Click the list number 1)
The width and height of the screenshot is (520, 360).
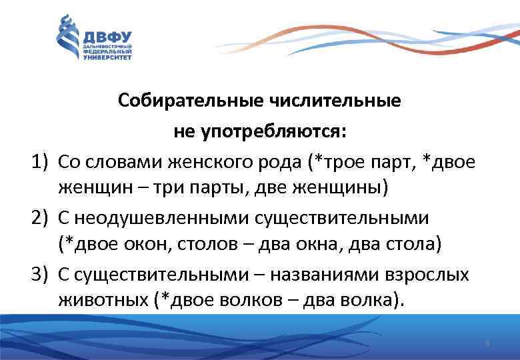[41, 161]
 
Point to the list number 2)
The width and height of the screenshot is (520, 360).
[41, 217]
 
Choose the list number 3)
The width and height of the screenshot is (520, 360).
[41, 274]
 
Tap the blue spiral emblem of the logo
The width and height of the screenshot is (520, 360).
[68, 39]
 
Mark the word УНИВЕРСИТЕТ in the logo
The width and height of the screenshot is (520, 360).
[107, 57]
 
